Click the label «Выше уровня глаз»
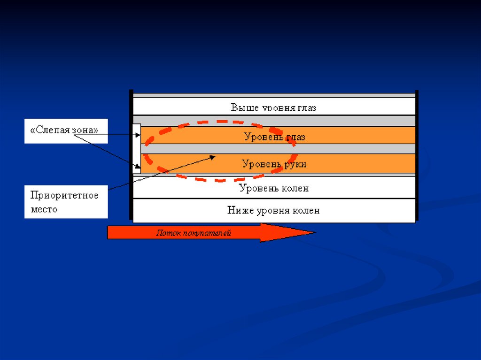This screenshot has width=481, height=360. [x=273, y=107]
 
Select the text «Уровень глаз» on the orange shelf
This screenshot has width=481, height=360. [x=274, y=137]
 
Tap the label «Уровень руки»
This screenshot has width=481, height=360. [x=274, y=164]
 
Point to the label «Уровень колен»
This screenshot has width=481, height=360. [x=274, y=188]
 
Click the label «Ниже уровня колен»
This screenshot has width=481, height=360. [x=273, y=210]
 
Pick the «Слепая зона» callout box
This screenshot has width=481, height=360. [x=66, y=130]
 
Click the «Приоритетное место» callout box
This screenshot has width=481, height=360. [x=66, y=202]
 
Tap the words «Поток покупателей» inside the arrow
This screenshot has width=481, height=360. [x=194, y=233]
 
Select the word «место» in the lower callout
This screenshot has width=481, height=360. [x=44, y=209]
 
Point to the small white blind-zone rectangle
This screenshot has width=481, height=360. [x=137, y=148]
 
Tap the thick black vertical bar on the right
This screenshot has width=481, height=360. [x=417, y=155]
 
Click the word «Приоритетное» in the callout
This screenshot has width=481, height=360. [x=64, y=195]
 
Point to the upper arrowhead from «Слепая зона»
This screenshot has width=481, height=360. [x=138, y=135]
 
